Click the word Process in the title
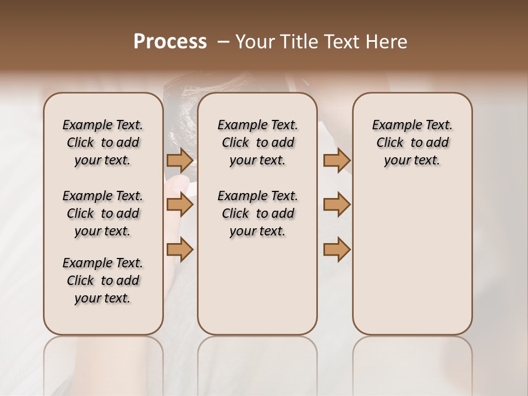170,42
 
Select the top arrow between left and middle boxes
180,160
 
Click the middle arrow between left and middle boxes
180,205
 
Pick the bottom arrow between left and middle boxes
180,249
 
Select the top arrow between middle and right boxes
337,160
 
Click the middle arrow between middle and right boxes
337,205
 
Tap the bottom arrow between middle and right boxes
337,249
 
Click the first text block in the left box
103,142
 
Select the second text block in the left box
103,213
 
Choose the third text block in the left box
103,280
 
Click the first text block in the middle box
257,142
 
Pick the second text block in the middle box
257,213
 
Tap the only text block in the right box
412,142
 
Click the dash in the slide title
223,42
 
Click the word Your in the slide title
255,42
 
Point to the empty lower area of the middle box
257,286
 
